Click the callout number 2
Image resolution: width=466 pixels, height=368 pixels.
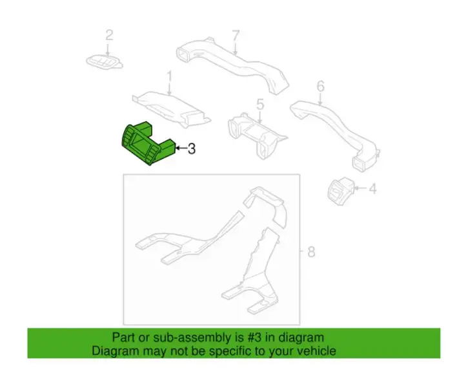[109, 35]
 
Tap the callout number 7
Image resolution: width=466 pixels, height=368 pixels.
[236, 36]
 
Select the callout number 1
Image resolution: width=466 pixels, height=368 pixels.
[169, 76]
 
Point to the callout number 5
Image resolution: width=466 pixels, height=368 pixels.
[260, 105]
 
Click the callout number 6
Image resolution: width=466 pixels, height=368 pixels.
[320, 87]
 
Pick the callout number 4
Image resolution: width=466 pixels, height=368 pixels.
[372, 189]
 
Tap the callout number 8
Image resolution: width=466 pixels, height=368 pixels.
[311, 252]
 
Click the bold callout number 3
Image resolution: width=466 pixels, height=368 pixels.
[192, 149]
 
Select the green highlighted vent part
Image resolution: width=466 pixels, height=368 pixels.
[147, 143]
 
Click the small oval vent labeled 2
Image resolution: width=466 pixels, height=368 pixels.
[105, 61]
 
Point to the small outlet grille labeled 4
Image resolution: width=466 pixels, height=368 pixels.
[341, 191]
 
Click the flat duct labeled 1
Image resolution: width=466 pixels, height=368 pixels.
[172, 109]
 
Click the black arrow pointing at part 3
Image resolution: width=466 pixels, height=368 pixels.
[181, 147]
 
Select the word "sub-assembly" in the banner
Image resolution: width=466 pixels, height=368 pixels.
[192, 338]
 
